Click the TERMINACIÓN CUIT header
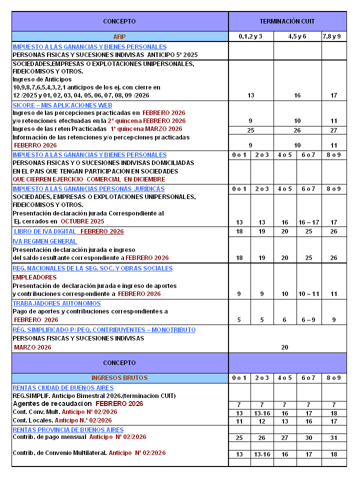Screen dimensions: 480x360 click(x=287, y=21)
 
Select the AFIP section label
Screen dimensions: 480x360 click(x=119, y=36)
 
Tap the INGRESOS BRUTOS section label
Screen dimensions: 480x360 click(x=119, y=378)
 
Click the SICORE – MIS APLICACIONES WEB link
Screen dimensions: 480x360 click(x=62, y=105)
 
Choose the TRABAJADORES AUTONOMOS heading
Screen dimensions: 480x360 click(x=56, y=303)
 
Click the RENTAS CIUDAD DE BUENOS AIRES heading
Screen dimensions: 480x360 click(x=63, y=388)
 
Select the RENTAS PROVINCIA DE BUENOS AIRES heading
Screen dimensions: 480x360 click(x=68, y=430)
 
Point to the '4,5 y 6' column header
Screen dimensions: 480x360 click(x=297, y=36)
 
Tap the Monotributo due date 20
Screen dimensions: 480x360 click(x=285, y=347)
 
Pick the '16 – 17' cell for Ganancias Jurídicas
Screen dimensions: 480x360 click(x=308, y=222)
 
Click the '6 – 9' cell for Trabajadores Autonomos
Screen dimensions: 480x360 click(x=308, y=320)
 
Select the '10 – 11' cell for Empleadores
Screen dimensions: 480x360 click(x=308, y=294)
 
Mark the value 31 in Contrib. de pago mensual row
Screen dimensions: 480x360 click(x=333, y=438)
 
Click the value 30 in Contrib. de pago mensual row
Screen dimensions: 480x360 click(x=308, y=438)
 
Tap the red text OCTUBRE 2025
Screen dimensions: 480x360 click(x=82, y=221)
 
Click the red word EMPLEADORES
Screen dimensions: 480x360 click(x=34, y=277)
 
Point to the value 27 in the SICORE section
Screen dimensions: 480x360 click(x=333, y=130)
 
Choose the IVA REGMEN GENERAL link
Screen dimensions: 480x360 click(x=44, y=241)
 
